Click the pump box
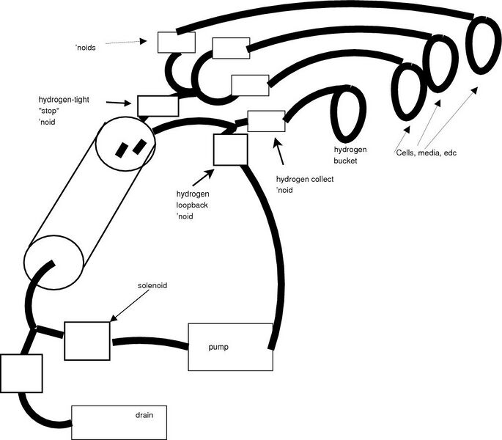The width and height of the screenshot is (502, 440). pos(230,346)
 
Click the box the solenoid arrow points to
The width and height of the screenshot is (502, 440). pos(87,341)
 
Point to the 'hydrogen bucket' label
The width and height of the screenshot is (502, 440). pos(350,155)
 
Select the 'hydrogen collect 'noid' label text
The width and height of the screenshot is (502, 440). pos(305,184)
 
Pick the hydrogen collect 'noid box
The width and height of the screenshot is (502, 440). pos(266,121)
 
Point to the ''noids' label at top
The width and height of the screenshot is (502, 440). pos(86,48)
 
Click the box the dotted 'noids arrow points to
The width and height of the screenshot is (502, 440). pos(177,43)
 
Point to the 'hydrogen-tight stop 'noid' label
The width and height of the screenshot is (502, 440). pos(62,110)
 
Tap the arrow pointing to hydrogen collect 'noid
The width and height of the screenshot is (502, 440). pos(279,153)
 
